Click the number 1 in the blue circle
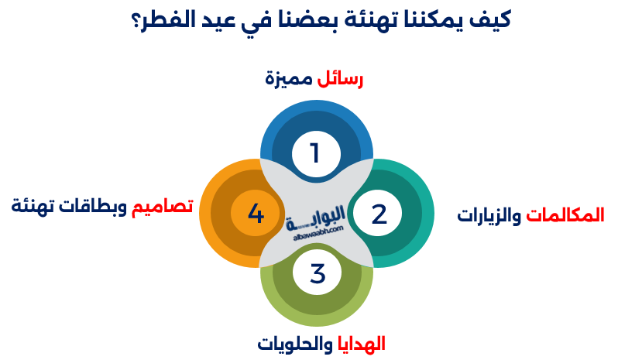tap(315, 153)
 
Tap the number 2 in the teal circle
tap(379, 214)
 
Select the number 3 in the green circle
tap(318, 273)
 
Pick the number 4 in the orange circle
tap(256, 213)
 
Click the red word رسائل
tap(340, 78)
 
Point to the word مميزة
tap(289, 78)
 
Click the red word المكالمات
tap(565, 214)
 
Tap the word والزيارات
tap(489, 215)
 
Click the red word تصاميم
tap(162, 206)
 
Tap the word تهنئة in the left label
tap(33, 206)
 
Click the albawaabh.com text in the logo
tap(318, 234)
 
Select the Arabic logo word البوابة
tap(315, 219)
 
